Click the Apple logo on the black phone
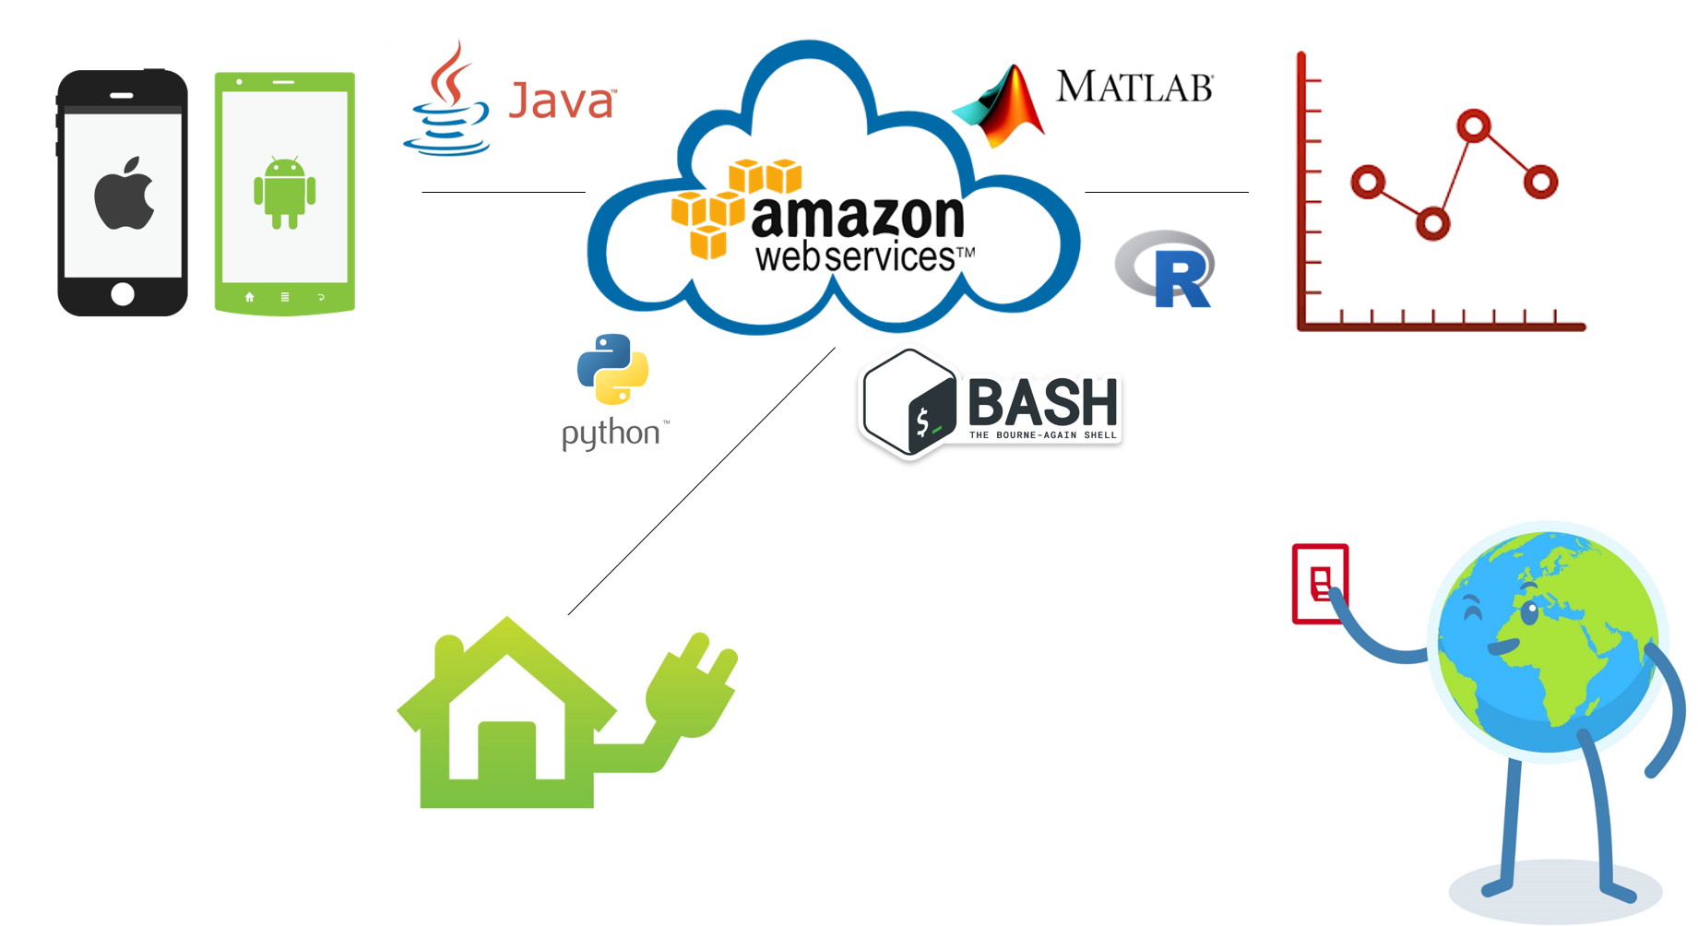pos(124,193)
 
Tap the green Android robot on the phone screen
pos(284,192)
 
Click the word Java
pos(561,101)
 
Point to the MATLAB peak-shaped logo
pos(1002,107)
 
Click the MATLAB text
pos(1134,87)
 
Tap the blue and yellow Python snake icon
pos(612,369)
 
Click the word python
pos(611,433)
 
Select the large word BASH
pos(1043,402)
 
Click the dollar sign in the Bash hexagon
pos(922,421)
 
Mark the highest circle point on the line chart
pos(1474,125)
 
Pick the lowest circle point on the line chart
pos(1432,223)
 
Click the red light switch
pos(1320,584)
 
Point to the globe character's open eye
pos(1530,611)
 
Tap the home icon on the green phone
pos(249,297)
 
